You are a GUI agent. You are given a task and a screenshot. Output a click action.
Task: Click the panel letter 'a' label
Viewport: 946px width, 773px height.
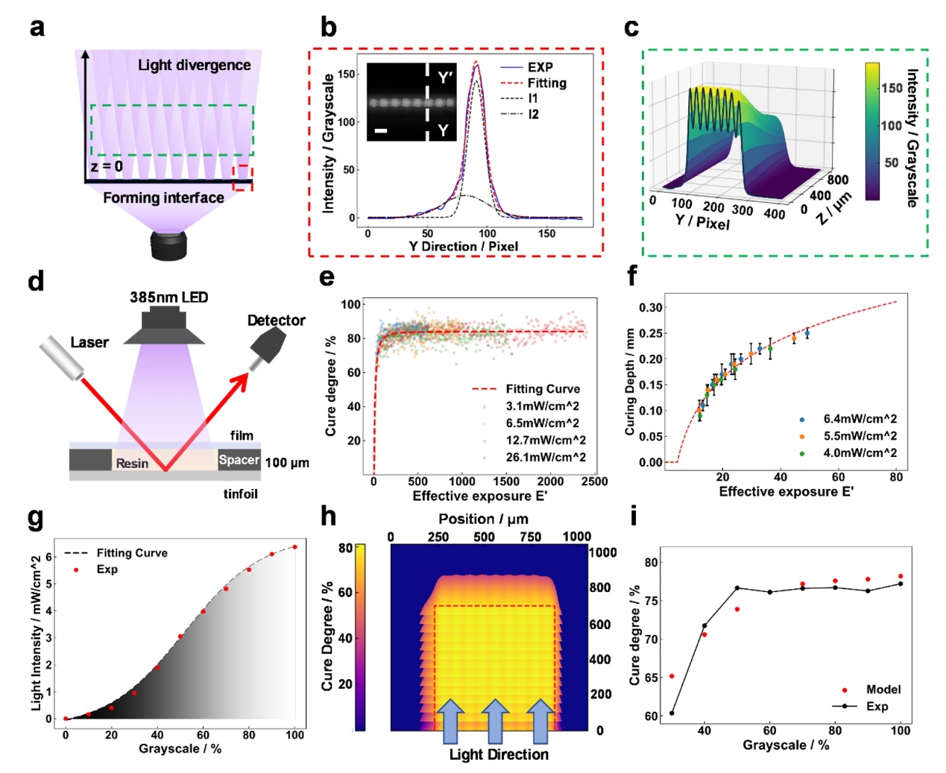[37, 28]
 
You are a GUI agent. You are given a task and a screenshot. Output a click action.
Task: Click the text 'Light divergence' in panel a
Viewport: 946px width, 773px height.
[194, 66]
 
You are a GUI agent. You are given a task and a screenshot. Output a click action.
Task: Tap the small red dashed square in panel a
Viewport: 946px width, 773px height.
[242, 177]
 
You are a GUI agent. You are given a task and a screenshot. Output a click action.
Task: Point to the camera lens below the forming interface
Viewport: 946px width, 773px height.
[171, 245]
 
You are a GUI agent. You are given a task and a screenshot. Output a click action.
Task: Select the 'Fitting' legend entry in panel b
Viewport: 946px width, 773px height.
[546, 83]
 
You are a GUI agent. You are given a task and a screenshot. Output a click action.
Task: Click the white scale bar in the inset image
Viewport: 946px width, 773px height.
[380, 131]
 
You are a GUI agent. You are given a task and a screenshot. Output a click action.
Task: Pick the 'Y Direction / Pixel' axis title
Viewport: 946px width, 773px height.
[463, 247]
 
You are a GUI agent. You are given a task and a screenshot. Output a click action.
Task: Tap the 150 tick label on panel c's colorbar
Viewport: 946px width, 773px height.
[892, 88]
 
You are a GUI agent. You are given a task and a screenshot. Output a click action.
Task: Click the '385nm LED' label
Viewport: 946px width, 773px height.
[168, 297]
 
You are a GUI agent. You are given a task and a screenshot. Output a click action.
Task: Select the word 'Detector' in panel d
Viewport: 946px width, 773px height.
[276, 321]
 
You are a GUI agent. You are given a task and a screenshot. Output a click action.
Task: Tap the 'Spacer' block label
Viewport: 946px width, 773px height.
[239, 460]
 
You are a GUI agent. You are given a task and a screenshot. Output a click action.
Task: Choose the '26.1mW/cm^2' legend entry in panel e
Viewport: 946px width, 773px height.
[546, 457]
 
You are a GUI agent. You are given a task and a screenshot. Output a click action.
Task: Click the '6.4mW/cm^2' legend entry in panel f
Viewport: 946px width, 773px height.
[860, 419]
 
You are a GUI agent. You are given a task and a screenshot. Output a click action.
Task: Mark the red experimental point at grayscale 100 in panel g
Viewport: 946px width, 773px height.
[294, 547]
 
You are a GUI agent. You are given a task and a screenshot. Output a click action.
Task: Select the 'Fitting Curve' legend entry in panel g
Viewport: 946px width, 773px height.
[132, 553]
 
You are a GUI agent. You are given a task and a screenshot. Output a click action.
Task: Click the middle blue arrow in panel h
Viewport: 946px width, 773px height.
[496, 721]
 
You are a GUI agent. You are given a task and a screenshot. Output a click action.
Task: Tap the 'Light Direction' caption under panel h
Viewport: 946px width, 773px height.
[499, 754]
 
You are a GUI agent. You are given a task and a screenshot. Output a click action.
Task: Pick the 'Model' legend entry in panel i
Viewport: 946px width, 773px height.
[883, 690]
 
